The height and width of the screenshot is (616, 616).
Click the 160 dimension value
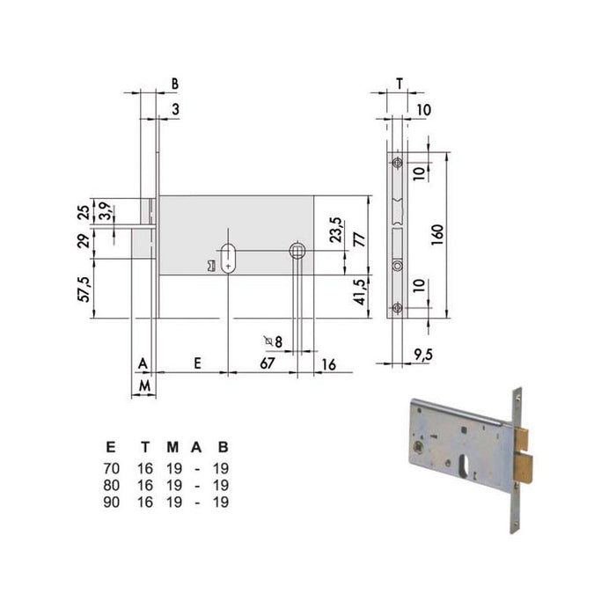pos(437,235)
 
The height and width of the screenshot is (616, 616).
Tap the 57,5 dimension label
pos(85,290)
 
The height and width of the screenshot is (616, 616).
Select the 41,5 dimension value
pos(359,292)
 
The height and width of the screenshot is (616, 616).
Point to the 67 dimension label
pos(268,363)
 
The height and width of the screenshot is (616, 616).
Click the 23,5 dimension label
pos(335,230)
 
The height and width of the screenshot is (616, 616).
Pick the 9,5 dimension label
pos(423,355)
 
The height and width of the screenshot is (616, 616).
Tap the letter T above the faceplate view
pos(400,84)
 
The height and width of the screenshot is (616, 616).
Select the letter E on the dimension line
pos(198,363)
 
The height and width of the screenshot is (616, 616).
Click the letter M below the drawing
pos(145,386)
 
